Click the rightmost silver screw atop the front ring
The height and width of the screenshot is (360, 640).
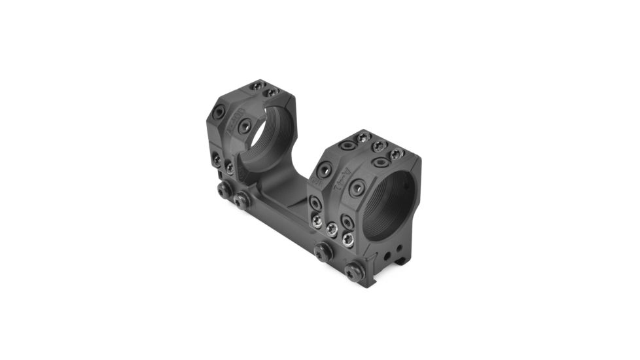[x=396, y=154]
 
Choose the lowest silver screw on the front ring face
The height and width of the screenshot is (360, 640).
[x=348, y=240]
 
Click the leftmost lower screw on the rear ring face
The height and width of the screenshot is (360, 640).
[x=217, y=156]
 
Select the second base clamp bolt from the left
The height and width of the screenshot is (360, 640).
[x=241, y=199]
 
